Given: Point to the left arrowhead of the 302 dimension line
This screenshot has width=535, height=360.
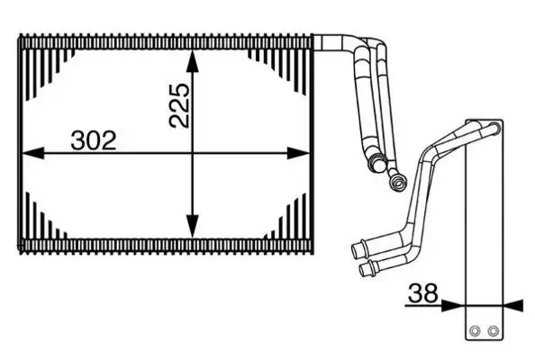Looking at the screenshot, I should point(32,154).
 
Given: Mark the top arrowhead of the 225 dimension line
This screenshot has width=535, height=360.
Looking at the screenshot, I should point(192,57).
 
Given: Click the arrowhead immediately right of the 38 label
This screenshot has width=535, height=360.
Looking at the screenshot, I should point(453,304).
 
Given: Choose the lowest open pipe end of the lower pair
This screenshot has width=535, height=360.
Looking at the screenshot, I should point(365,267).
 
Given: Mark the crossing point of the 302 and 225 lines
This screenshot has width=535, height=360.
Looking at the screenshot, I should point(192,154).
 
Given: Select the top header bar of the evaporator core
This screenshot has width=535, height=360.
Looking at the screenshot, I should point(167,40).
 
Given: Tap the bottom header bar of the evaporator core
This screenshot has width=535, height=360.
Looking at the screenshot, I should point(167,244).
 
